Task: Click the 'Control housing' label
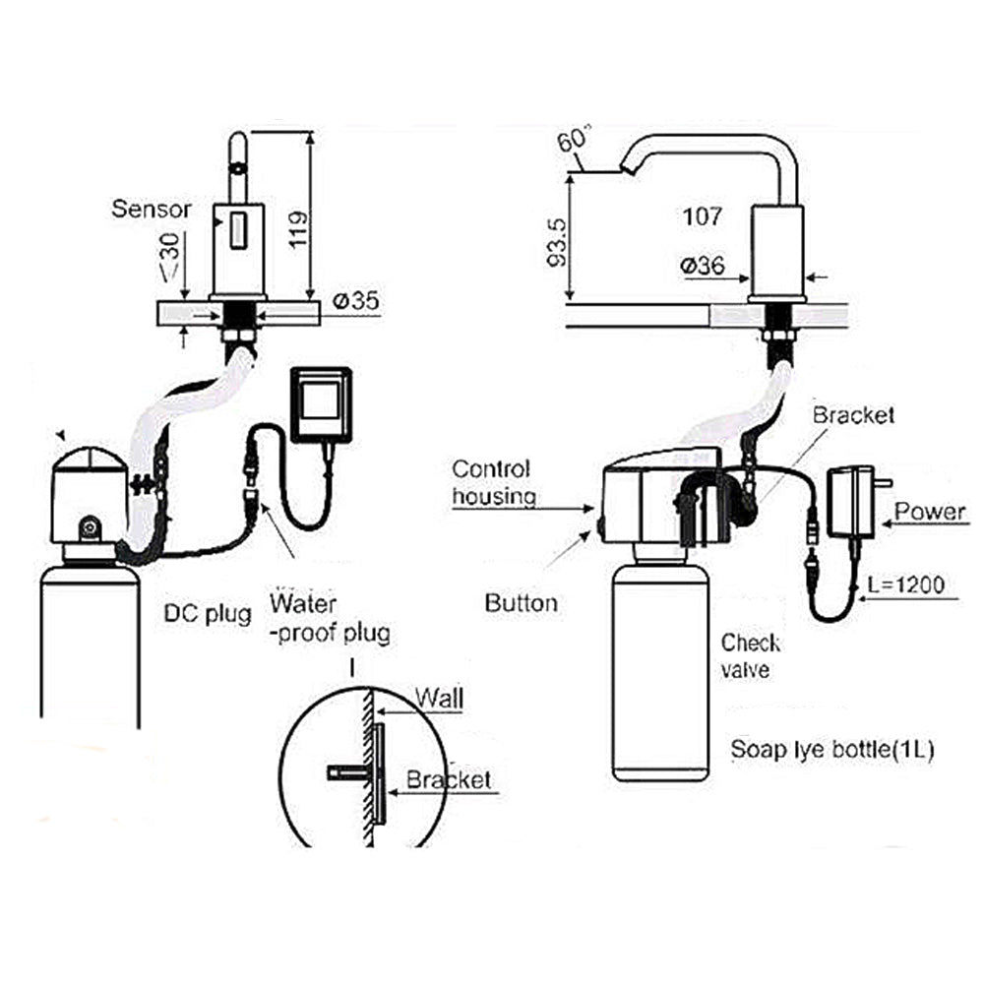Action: point(492,482)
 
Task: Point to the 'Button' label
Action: point(521,602)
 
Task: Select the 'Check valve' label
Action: point(751,656)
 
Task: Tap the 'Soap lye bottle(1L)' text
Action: point(831,750)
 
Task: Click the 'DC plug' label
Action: point(207,613)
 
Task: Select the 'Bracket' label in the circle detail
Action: point(449,780)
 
